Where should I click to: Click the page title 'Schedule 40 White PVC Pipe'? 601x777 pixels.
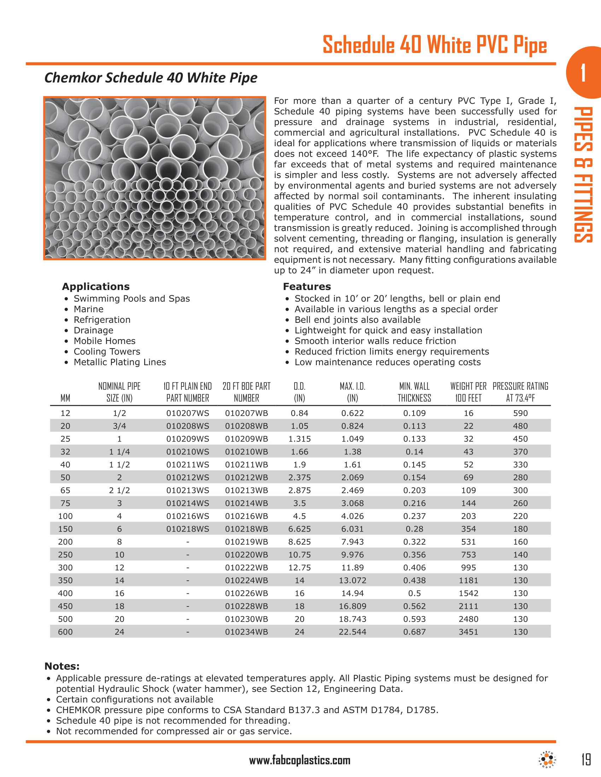click(x=434, y=45)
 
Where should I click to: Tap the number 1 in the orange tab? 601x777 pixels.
click(x=583, y=73)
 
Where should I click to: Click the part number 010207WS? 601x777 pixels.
click(x=188, y=414)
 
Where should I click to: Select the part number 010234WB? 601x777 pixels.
click(x=246, y=632)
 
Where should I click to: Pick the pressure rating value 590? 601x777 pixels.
click(x=520, y=414)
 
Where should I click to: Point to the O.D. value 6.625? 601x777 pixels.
click(x=299, y=529)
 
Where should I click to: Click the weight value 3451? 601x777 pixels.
click(x=468, y=632)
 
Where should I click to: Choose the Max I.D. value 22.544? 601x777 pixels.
click(x=352, y=632)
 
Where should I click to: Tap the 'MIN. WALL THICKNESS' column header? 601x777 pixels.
click(x=414, y=392)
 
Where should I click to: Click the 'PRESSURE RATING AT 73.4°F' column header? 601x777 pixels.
click(x=520, y=392)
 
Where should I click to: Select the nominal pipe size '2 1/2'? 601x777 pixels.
click(x=119, y=491)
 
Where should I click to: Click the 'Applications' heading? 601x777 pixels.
click(x=96, y=287)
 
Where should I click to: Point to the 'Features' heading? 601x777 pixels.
click(x=307, y=287)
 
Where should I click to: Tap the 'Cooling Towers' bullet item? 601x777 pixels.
click(x=107, y=351)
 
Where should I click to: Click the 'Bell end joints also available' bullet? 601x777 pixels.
click(x=357, y=320)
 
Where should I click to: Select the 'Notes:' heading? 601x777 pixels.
click(x=62, y=666)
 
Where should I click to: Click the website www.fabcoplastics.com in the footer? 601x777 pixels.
click(x=300, y=761)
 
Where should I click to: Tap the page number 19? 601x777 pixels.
click(x=586, y=760)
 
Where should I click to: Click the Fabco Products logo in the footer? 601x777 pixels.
click(x=546, y=760)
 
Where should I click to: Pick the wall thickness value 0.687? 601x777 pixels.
click(x=414, y=632)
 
